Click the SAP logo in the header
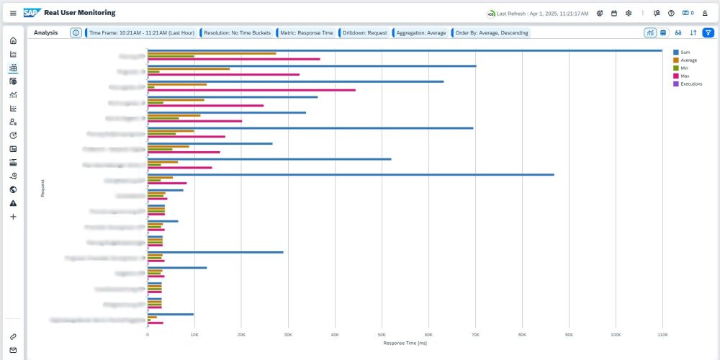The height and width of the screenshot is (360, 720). [x=32, y=12]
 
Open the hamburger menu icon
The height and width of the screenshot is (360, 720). [x=13, y=13]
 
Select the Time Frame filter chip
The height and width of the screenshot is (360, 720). [x=142, y=32]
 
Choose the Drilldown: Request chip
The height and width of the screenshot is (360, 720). [x=364, y=32]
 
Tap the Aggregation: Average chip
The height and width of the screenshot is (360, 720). [x=420, y=32]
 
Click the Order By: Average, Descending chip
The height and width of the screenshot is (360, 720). [x=491, y=32]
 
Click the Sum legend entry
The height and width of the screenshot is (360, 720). [x=684, y=52]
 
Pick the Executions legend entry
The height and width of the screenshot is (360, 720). [x=690, y=84]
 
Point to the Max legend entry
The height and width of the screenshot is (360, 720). [x=684, y=76]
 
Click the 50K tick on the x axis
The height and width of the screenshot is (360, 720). [x=382, y=334]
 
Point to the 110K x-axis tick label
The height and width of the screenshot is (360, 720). [x=662, y=334]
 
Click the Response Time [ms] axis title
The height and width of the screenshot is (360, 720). [x=405, y=343]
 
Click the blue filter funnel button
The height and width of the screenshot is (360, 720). [x=708, y=32]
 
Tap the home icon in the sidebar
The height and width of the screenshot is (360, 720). [x=13, y=40]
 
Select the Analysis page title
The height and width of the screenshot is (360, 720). [x=46, y=32]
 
